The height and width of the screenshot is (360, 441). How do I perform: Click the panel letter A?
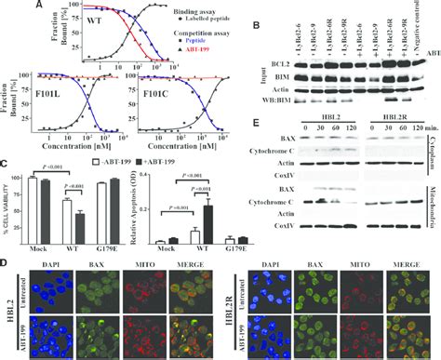[38, 6]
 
